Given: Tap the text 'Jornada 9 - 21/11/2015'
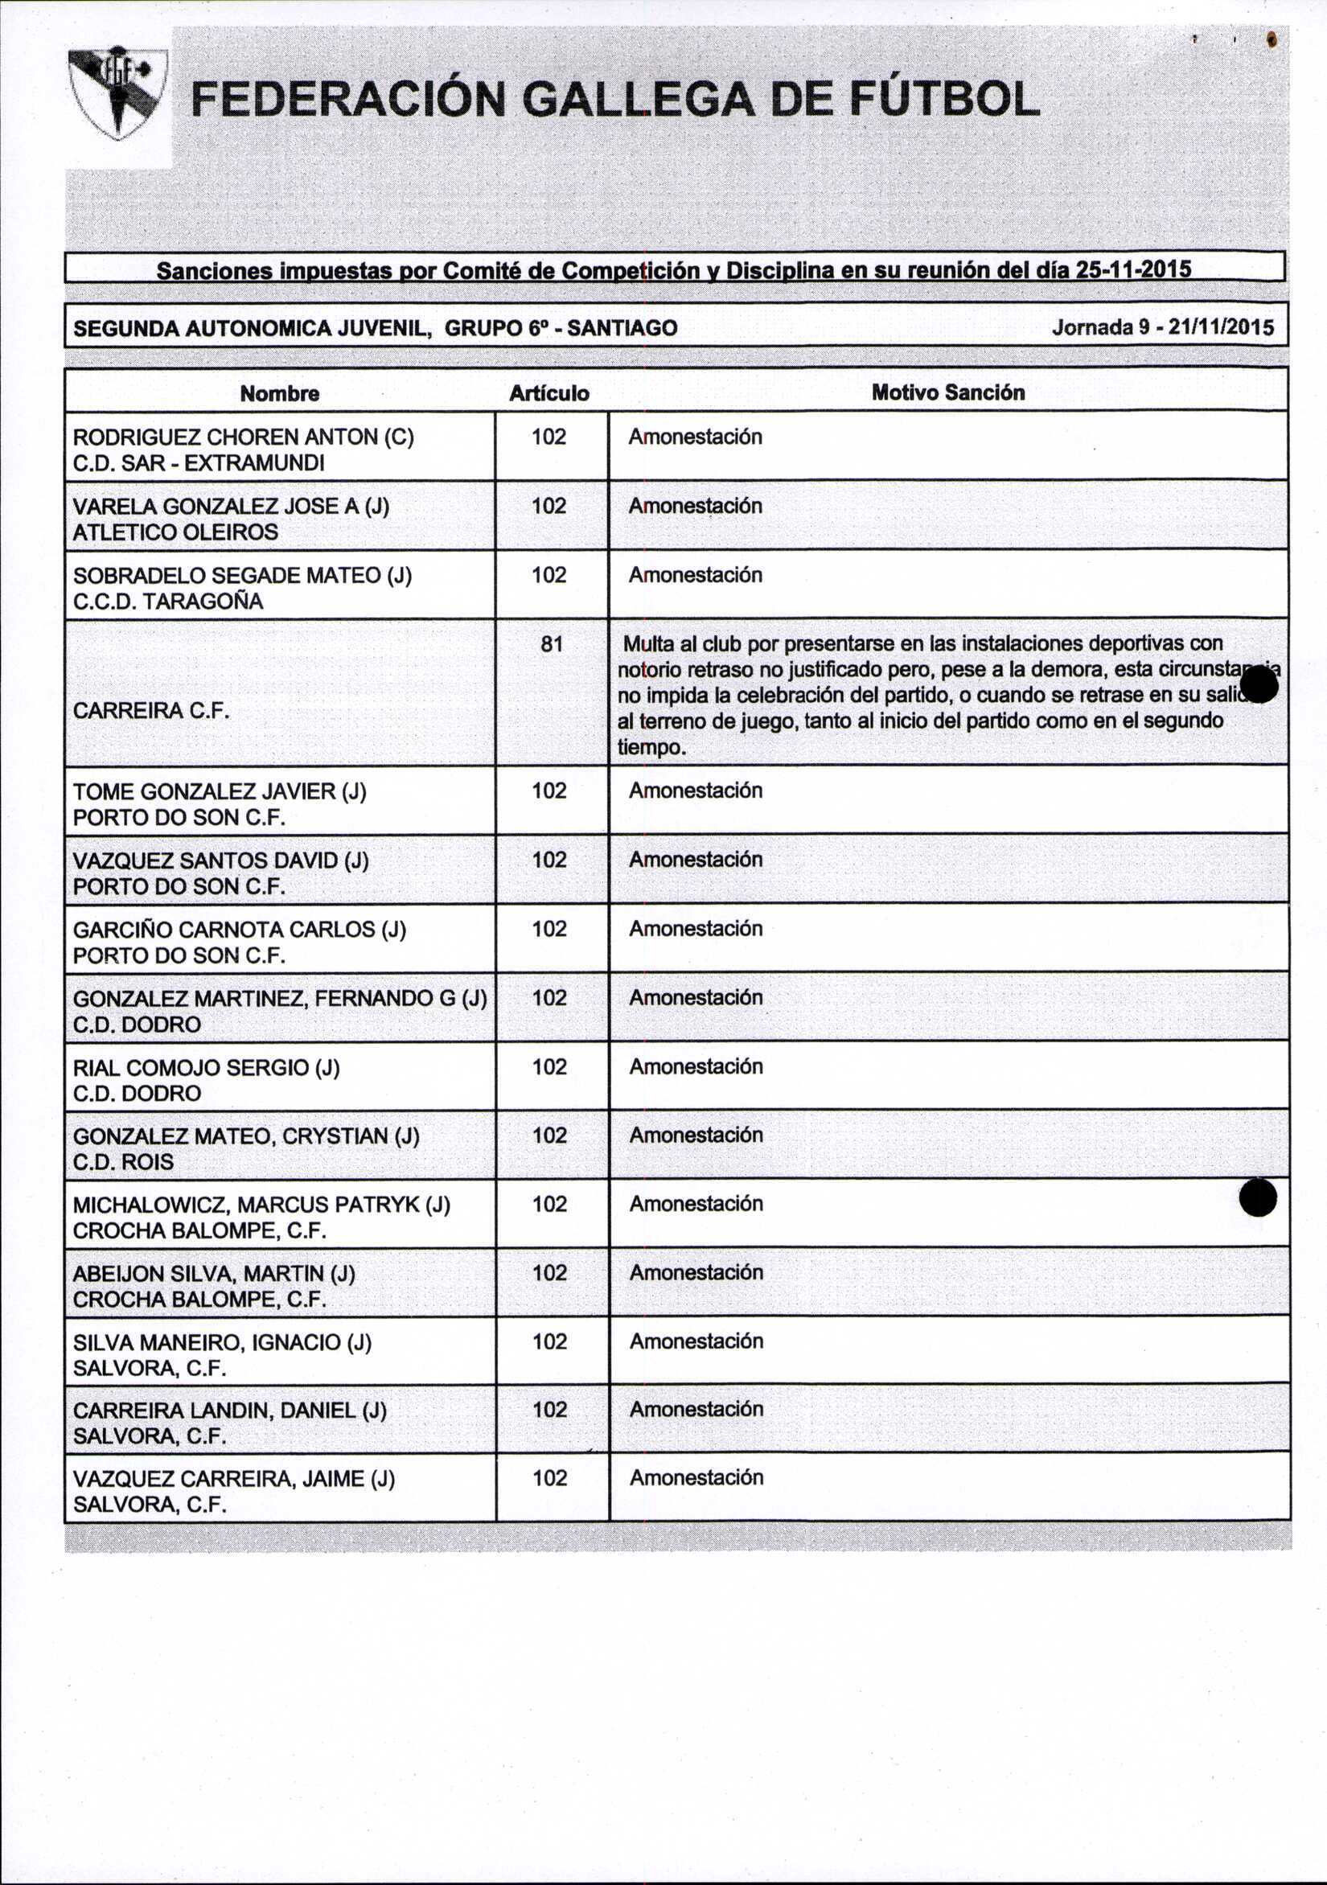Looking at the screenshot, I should point(1163,327).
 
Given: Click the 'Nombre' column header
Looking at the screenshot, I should point(279,393).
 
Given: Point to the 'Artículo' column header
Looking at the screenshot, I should point(548,393).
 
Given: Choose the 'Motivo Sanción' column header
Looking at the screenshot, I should point(947,392).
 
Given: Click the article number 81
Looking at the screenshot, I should point(552,644).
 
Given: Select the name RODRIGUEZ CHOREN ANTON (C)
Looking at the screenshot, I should point(243,437).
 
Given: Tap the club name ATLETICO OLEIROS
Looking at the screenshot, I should point(175,532).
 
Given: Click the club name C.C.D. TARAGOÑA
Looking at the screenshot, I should point(167,602).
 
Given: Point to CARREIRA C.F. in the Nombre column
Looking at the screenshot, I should point(150,710).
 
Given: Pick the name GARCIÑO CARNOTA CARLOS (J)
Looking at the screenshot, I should point(239,930).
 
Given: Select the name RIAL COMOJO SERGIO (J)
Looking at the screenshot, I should point(206,1067).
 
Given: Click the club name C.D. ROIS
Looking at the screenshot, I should point(123,1162).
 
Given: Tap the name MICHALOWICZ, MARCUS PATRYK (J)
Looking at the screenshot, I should point(261,1205).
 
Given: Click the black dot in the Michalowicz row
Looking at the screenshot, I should point(1257,1198).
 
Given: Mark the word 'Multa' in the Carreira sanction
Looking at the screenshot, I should point(647,643).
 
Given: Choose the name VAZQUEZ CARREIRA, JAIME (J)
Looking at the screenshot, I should point(234,1479).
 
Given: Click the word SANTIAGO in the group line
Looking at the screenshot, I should point(622,328).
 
